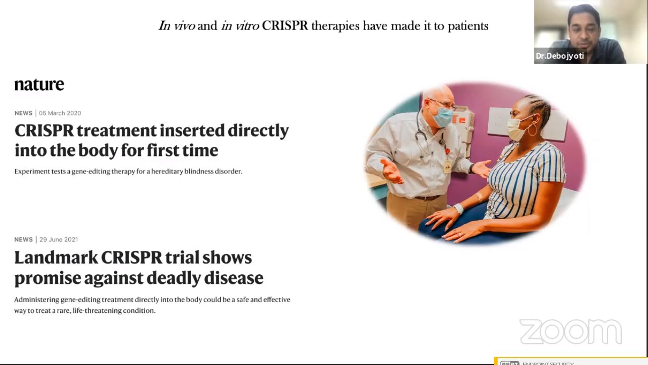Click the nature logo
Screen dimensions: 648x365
point(39,85)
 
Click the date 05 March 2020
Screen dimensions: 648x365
point(60,113)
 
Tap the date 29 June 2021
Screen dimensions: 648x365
point(59,240)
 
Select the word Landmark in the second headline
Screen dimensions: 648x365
point(56,258)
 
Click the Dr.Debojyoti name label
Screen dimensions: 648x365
point(560,56)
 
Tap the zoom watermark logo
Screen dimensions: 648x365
point(571,332)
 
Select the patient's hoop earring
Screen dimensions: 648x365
point(533,130)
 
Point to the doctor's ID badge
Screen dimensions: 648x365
point(447,166)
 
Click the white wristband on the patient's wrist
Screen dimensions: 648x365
point(459,209)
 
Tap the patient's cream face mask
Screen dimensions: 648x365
point(517,129)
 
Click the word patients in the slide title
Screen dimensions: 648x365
point(468,26)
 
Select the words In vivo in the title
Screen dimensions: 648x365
point(177,26)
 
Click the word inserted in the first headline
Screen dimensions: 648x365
point(192,131)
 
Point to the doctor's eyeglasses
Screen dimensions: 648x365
point(443,104)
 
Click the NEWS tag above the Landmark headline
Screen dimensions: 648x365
point(23,240)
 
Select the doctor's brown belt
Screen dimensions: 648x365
point(427,198)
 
